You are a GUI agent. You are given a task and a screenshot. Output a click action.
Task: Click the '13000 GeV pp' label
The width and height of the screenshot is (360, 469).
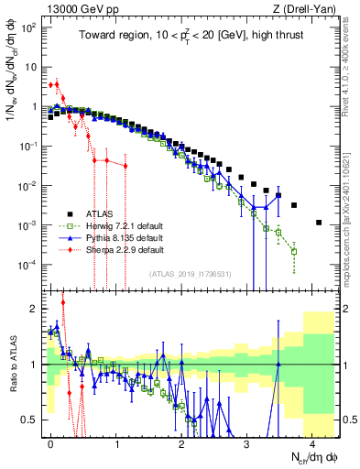point(70,8)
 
